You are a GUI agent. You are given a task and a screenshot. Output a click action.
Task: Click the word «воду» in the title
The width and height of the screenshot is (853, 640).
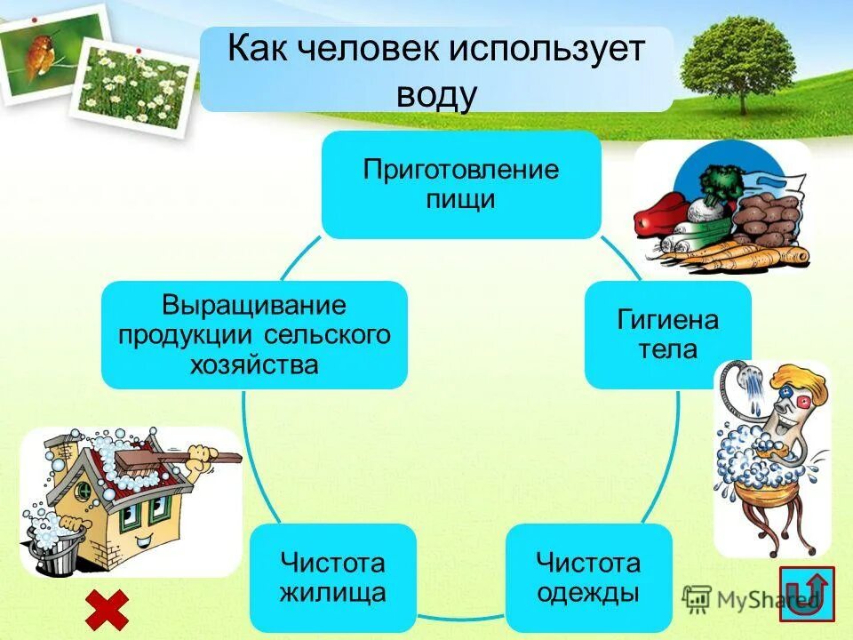436,93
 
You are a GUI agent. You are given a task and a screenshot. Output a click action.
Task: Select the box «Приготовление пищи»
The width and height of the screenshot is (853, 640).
460,185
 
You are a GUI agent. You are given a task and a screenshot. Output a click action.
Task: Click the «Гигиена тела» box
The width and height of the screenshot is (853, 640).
666,334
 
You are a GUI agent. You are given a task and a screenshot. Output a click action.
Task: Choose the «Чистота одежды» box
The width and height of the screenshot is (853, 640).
587,578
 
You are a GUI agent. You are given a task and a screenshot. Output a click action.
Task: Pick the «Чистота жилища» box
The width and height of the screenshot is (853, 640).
332,578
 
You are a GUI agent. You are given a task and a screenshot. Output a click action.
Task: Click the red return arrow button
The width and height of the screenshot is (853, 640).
806,593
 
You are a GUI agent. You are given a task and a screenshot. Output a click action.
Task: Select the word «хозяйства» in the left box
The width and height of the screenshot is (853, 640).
253,365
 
